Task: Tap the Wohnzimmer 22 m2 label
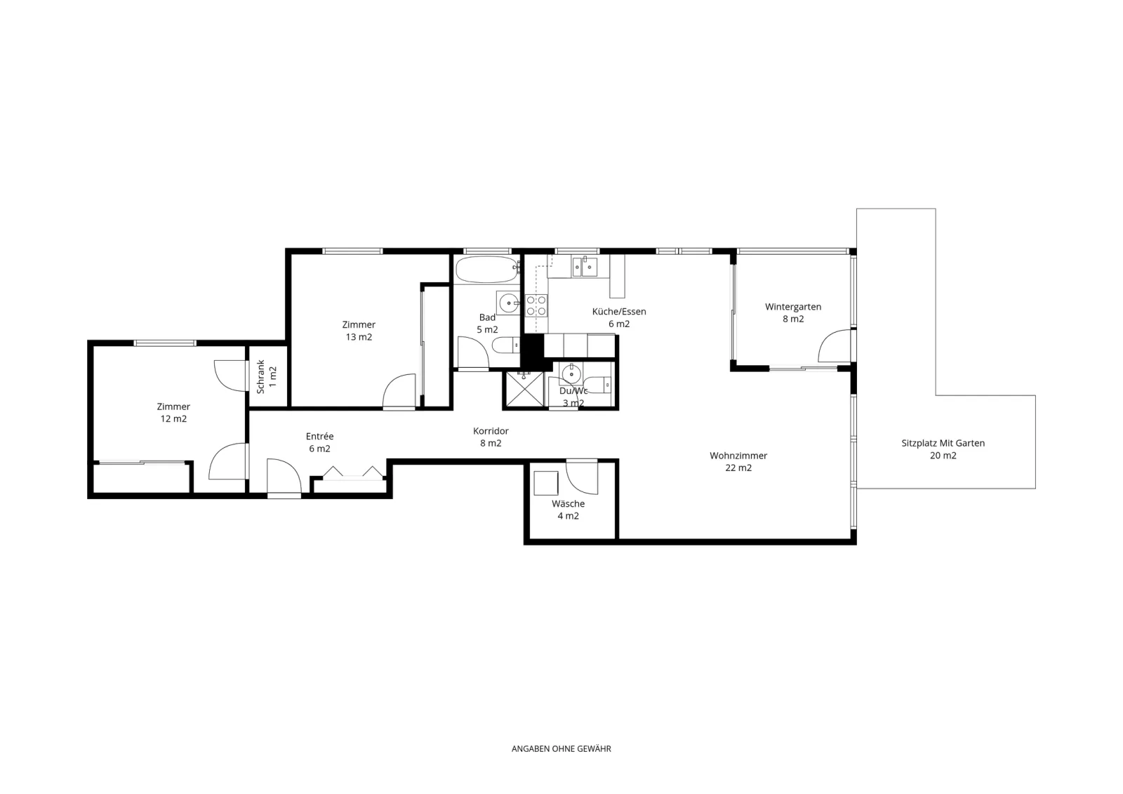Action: click(738, 461)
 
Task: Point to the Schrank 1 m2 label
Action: click(266, 376)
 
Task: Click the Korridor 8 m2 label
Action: click(491, 437)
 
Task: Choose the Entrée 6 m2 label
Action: click(319, 442)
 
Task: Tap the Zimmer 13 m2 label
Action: click(359, 331)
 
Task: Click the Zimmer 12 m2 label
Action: click(173, 412)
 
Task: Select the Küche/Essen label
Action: click(619, 311)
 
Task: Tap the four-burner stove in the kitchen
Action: click(536, 305)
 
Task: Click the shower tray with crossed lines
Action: click(524, 389)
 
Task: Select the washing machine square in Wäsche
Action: click(546, 484)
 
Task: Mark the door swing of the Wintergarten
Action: click(835, 345)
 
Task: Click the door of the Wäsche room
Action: click(582, 477)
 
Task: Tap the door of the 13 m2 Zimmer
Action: click(399, 391)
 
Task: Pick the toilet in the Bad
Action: click(505, 345)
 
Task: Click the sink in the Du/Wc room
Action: click(571, 373)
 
